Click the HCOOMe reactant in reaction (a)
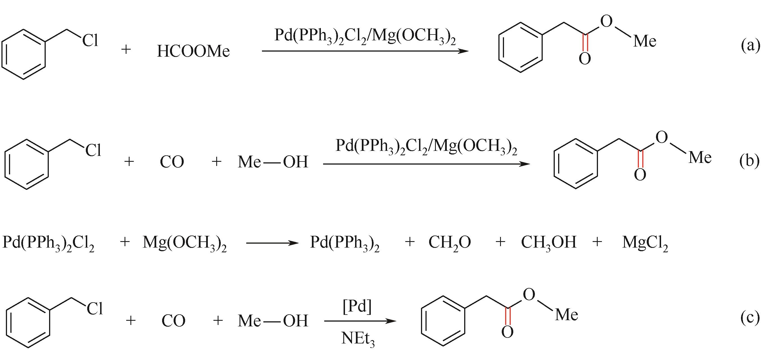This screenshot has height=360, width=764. tap(193, 51)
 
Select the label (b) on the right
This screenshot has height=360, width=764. tap(749, 161)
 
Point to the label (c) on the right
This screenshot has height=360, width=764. tap(750, 318)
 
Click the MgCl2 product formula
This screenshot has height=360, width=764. tap(645, 243)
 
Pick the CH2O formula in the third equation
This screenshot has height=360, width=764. tap(450, 243)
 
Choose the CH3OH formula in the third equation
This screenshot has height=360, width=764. tap(549, 243)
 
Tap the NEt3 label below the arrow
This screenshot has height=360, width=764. tap(358, 338)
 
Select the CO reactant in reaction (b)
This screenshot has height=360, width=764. tap(172, 162)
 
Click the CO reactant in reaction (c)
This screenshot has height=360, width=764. tap(173, 321)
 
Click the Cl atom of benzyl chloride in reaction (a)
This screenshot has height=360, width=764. tap(90, 40)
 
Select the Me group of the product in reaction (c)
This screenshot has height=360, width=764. tap(567, 315)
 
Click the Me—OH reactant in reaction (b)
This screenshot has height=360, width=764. tap(273, 162)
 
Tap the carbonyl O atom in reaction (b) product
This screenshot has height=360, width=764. tap(640, 175)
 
